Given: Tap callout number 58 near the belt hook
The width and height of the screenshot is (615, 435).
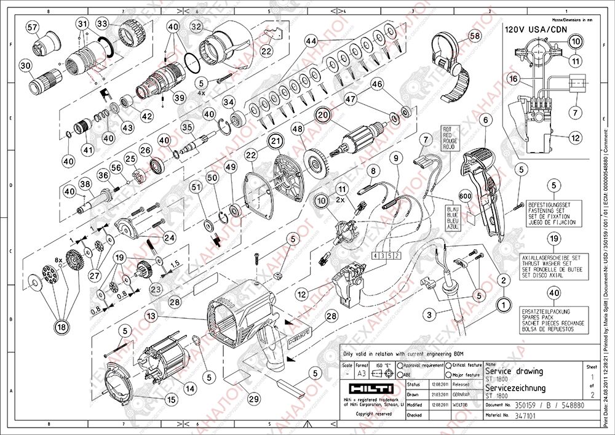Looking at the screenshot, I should pos(474,36).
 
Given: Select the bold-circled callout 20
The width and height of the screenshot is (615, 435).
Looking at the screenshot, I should pos(323,114).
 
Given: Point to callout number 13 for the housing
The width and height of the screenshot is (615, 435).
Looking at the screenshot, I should pos(151,314).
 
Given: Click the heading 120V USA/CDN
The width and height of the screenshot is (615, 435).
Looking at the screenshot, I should pos(528,28).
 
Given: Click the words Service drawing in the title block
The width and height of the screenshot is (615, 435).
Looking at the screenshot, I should pos(514,372).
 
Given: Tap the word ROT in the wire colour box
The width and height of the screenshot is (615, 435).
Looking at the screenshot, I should pos(447,129).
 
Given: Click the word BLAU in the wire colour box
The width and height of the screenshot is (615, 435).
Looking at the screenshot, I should pos(449,209).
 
